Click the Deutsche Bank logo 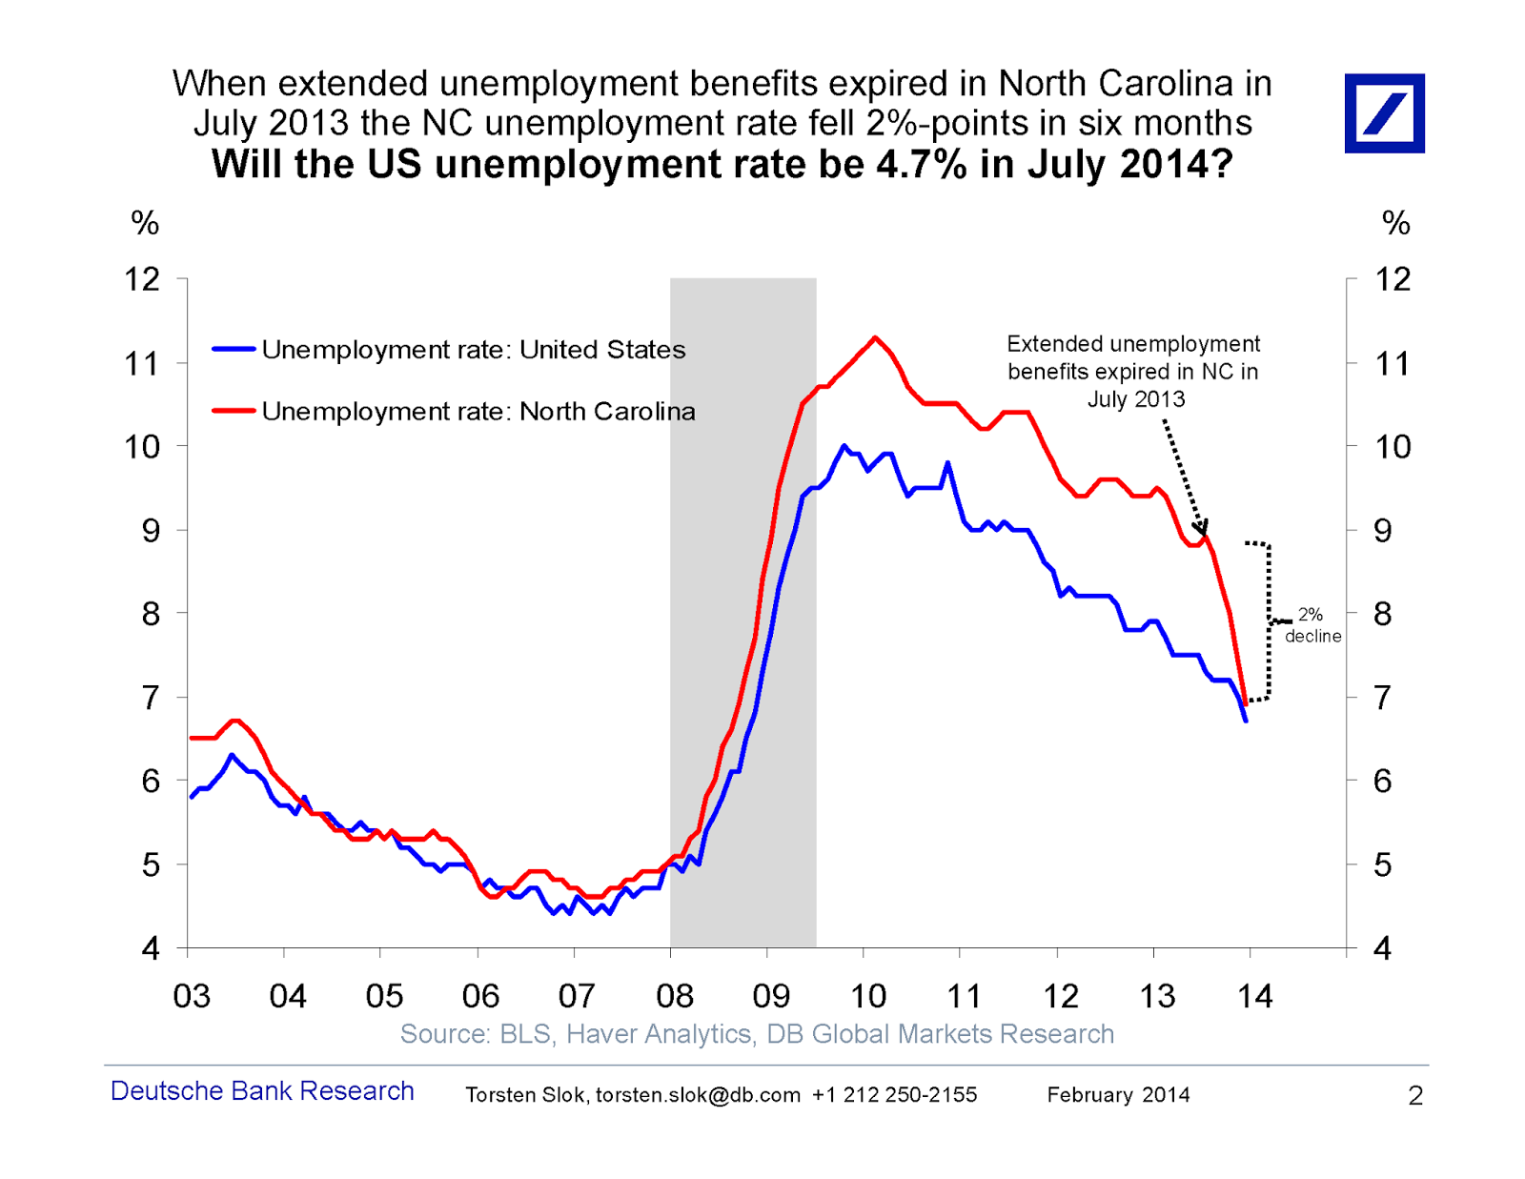(x=1384, y=113)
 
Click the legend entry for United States (x=473, y=350)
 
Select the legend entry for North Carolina (x=478, y=412)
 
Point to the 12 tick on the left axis (x=142, y=279)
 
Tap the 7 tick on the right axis (x=1382, y=698)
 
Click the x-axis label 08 (x=675, y=997)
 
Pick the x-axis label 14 (x=1254, y=997)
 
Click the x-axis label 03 (x=192, y=997)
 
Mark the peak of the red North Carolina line (x=875, y=337)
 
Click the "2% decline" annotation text (x=1311, y=626)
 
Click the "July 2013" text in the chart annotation (x=1136, y=399)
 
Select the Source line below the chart (x=757, y=1034)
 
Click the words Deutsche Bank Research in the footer (x=262, y=1091)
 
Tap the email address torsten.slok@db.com (x=698, y=1095)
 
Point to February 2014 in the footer (x=1118, y=1095)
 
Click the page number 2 (x=1415, y=1096)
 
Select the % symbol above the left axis (x=145, y=223)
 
